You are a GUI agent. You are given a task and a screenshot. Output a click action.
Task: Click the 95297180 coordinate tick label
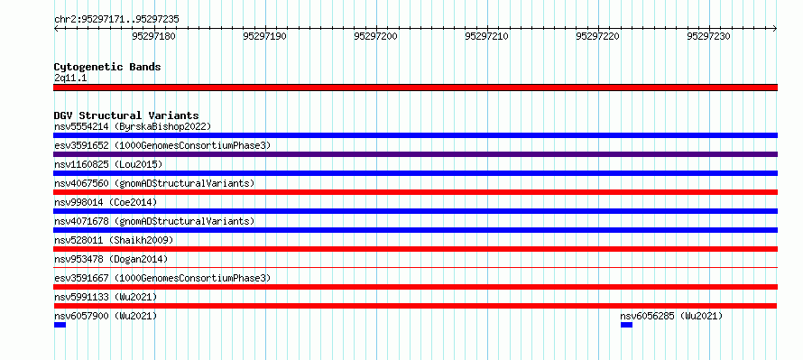point(154,36)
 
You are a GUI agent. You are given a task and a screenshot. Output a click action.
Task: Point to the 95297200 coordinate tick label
point(376,36)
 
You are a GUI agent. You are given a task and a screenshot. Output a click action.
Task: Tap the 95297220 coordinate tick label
point(597,36)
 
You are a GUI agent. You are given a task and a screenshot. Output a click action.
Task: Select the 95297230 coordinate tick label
point(709,36)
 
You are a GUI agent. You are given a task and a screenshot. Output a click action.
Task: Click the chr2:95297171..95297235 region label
point(116,20)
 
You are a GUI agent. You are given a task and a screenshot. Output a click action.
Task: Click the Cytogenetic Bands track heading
point(107,67)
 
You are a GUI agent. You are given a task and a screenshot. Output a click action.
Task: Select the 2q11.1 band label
point(70,78)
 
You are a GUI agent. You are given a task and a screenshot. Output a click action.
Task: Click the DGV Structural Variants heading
point(126,115)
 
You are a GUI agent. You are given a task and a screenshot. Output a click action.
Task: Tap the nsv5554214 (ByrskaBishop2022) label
point(133,126)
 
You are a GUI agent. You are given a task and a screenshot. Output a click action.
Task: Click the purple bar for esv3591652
point(415,154)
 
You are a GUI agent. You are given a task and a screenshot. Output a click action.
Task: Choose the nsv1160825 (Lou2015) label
point(108,164)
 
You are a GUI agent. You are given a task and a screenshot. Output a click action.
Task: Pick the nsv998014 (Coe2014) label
point(106,202)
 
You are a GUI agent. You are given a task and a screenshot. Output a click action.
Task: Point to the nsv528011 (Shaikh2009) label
point(114,240)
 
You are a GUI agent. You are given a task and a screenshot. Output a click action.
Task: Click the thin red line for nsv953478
point(415,267)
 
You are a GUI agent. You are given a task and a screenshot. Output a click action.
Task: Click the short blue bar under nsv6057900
point(60,325)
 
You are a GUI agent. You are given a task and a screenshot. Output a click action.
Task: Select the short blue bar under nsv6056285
point(626,325)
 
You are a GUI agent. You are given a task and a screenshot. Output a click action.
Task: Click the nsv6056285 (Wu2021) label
point(671,316)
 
